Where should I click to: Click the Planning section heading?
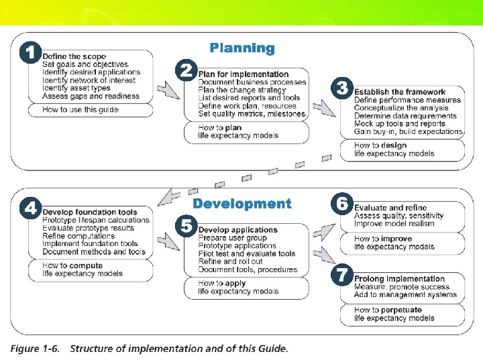(242, 48)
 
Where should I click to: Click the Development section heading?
(242, 204)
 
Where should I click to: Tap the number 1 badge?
(30, 53)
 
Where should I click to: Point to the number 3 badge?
(342, 88)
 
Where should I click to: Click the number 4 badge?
(30, 208)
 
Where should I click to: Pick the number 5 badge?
(186, 225)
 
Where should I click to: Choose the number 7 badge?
(342, 275)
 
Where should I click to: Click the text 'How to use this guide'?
(80, 110)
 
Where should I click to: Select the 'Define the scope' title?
(74, 56)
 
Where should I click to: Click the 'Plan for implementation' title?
(244, 74)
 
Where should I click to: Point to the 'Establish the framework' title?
(400, 92)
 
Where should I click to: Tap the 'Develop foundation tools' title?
(89, 212)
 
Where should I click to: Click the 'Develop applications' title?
(237, 230)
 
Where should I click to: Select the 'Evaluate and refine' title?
(390, 208)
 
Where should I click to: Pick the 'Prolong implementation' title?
(400, 279)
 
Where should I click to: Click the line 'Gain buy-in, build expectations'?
(409, 132)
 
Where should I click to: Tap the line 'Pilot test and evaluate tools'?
(247, 254)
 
